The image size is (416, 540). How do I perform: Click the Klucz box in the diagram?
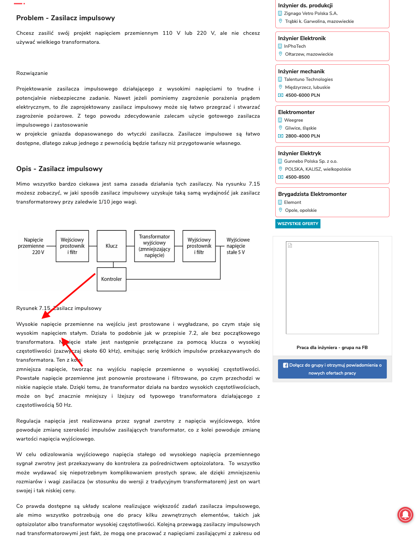111,246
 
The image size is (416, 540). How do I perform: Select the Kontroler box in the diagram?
111,279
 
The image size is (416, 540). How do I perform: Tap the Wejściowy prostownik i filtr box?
72,246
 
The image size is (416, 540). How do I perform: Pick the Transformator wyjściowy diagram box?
154,246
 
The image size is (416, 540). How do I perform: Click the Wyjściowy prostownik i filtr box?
199,246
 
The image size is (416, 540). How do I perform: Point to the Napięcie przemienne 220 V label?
32,246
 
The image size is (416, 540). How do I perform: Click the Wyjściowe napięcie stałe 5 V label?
238,246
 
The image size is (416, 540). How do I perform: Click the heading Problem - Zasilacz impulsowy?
65,18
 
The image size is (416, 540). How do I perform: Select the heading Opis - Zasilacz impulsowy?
59,169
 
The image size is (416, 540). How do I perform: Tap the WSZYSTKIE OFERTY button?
298,224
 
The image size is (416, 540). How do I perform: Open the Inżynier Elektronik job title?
302,38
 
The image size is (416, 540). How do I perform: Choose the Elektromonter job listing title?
296,112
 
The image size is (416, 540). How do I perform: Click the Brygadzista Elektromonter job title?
312,194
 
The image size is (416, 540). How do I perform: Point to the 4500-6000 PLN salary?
303,95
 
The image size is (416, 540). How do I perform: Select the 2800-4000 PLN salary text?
303,136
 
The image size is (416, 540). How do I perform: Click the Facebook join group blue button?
332,369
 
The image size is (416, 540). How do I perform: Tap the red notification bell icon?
405,515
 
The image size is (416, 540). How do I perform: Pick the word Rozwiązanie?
32,73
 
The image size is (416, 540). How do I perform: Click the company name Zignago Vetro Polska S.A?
311,13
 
